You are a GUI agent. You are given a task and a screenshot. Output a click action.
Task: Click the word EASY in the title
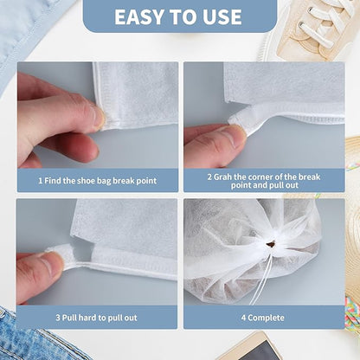click(141, 16)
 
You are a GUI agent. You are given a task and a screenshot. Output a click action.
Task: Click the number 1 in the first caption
click(40, 181)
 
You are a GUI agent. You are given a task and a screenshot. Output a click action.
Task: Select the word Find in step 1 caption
click(55, 181)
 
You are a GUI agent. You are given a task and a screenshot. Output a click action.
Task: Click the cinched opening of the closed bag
click(270, 245)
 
